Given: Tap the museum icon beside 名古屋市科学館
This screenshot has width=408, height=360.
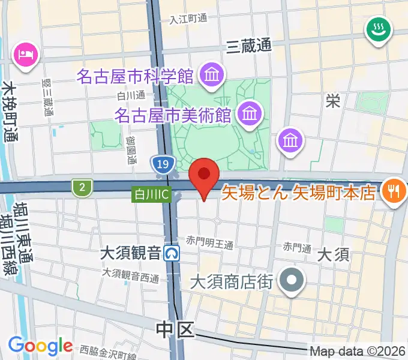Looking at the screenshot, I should point(212,75).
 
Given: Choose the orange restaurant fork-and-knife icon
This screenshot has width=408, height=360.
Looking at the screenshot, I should point(394,191).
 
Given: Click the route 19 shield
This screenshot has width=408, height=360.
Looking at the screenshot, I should point(163,164).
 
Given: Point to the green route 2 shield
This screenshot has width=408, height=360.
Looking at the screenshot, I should point(81,188).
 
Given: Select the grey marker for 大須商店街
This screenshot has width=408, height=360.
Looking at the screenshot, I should point(293,280).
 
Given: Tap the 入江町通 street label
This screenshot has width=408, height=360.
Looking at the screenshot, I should point(188,19).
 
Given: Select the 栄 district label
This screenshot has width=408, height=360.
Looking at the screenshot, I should point(333,100).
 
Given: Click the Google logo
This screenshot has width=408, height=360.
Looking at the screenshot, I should point(40,345).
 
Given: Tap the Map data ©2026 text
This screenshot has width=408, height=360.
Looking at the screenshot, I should point(358,351).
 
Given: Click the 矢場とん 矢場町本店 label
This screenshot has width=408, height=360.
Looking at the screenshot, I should point(299,193).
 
